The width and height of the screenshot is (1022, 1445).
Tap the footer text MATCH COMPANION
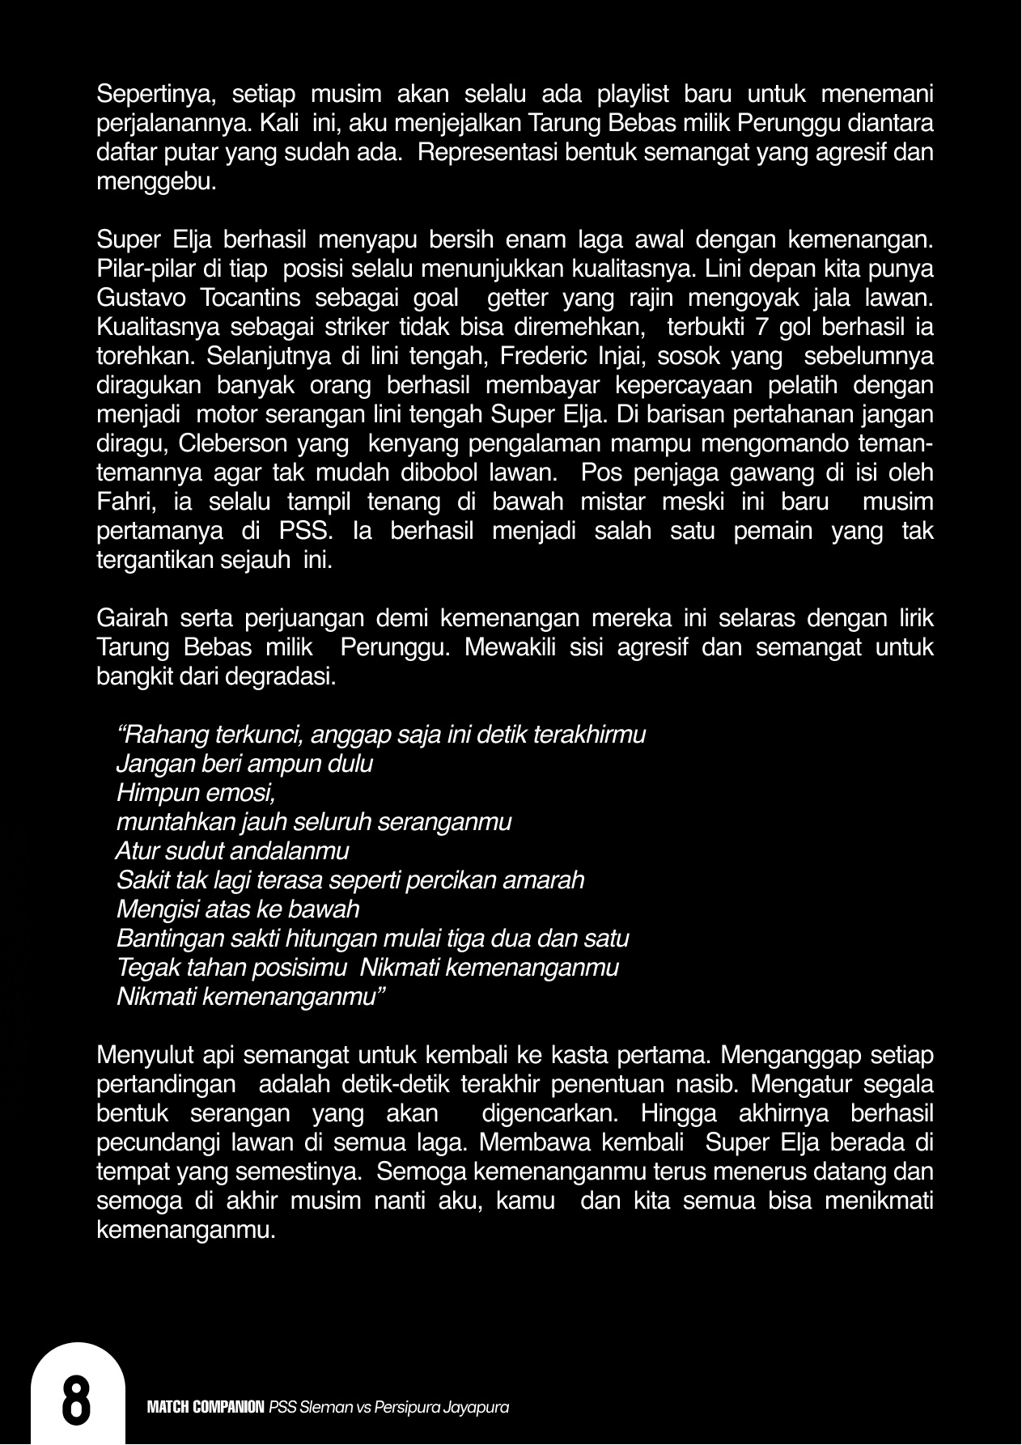click(x=206, y=1408)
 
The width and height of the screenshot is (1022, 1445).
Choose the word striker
click(x=341, y=327)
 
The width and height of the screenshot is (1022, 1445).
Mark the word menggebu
click(x=156, y=182)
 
